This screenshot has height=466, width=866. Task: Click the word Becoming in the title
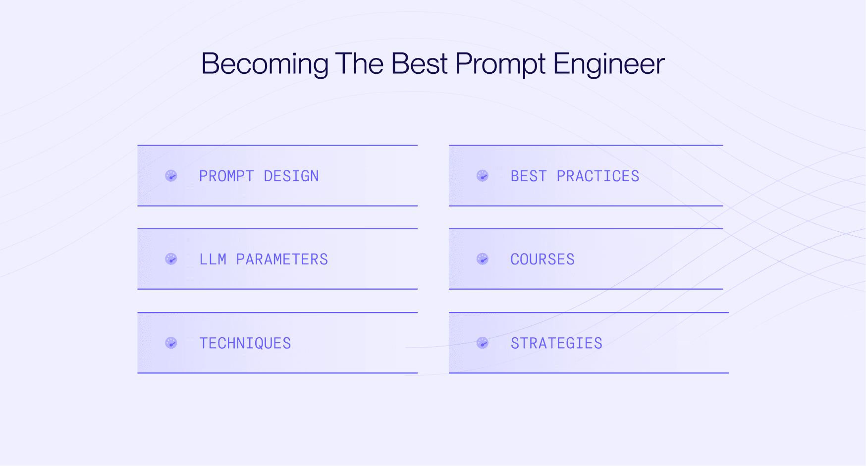[x=265, y=64]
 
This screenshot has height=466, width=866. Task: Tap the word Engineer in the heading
[x=608, y=64]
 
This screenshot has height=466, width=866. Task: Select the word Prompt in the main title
[x=500, y=64]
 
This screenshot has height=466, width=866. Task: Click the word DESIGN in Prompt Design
[x=291, y=176]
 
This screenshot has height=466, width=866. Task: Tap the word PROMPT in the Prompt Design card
[x=226, y=176]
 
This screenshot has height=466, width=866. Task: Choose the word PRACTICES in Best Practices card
[x=598, y=176]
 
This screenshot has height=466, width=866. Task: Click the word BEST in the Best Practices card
[x=529, y=176]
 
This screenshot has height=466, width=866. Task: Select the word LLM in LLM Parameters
[x=213, y=259]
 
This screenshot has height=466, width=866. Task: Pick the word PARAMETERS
[x=282, y=259]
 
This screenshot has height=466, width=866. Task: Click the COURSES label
[x=542, y=259]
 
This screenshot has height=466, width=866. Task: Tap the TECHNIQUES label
[x=245, y=343]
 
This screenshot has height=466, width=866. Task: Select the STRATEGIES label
[x=556, y=343]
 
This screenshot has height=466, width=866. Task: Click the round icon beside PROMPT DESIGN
[x=171, y=176]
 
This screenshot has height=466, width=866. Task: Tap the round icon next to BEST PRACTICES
[x=483, y=176]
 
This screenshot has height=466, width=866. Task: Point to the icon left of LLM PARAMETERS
[x=171, y=259]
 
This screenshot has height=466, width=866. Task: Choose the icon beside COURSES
[x=483, y=259]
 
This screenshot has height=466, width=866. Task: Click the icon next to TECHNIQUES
[x=171, y=343]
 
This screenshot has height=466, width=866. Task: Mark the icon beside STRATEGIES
[x=483, y=343]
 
